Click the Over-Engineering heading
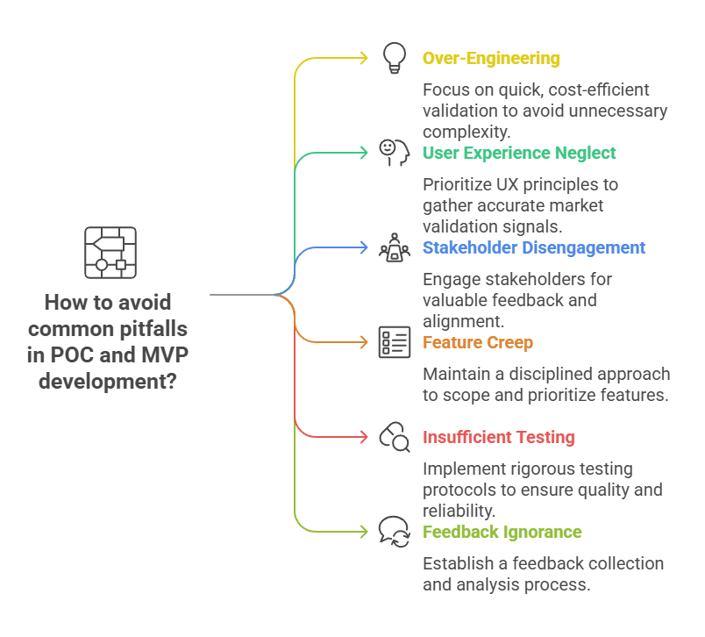click(491, 59)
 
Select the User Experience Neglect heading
click(519, 153)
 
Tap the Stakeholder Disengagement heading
click(534, 247)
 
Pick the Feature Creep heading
click(478, 342)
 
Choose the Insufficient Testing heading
click(499, 437)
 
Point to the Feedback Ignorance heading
click(502, 532)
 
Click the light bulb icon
click(395, 59)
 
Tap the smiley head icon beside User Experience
click(395, 153)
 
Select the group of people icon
click(395, 248)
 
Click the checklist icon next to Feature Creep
click(395, 342)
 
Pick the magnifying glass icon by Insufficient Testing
click(395, 437)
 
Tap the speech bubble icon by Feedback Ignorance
click(395, 532)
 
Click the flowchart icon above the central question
click(110, 252)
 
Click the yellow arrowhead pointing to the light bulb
click(363, 59)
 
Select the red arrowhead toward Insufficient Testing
click(363, 437)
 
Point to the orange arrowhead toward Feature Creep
click(363, 342)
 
